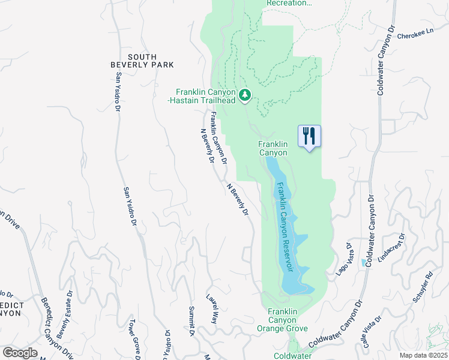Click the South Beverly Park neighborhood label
coord(142,60)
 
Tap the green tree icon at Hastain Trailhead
coord(245,95)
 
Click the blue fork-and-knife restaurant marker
coord(309,136)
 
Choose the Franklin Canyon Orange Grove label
coord(282,320)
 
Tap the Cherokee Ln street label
coord(415,36)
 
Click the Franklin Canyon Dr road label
coord(218,137)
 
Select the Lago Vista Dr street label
coord(343,259)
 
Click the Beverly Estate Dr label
coord(65,314)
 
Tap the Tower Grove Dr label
coord(132,339)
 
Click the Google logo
coord(20,353)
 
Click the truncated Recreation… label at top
coord(289,3)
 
